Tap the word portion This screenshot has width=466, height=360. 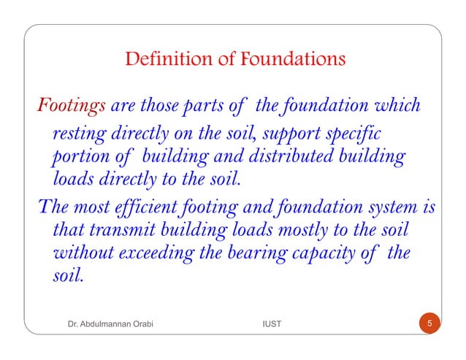pyautogui.click(x=79, y=158)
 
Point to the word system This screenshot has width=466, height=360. pyautogui.click(x=389, y=207)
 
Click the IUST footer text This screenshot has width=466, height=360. pyautogui.click(x=271, y=323)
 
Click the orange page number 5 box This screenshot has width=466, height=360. pyautogui.click(x=430, y=323)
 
